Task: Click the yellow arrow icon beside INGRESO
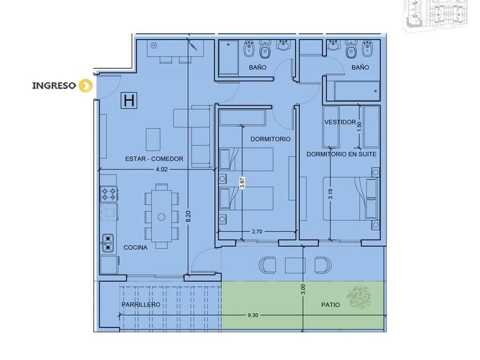pos(86,86)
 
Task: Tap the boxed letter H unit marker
pos(129,101)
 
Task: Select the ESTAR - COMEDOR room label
pos(154,159)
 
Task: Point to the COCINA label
pos(135,247)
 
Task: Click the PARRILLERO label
pos(141,304)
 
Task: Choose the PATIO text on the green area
pos(331,305)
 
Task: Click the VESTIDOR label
pos(340,122)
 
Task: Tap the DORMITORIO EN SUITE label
pos(341,154)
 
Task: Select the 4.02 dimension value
pos(162,169)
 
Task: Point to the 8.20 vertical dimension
pos(189,216)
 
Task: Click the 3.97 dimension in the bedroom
pos(242,182)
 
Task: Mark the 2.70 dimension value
pos(257,232)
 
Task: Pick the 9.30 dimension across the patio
pos(253,315)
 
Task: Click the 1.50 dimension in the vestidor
pos(359,125)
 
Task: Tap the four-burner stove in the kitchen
pos(109,194)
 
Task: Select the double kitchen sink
pos(107,243)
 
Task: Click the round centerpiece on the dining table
pos(161,217)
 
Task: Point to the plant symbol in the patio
pos(359,297)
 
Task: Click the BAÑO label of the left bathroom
pos(257,67)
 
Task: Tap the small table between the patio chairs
pos(295,266)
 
